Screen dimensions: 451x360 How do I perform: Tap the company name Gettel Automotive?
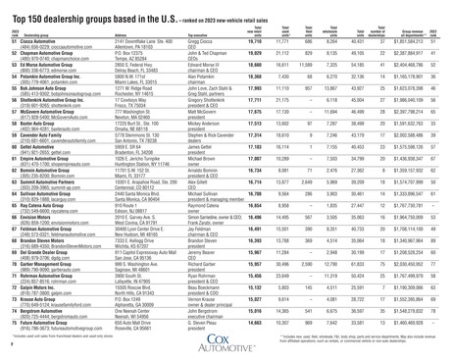33,173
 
